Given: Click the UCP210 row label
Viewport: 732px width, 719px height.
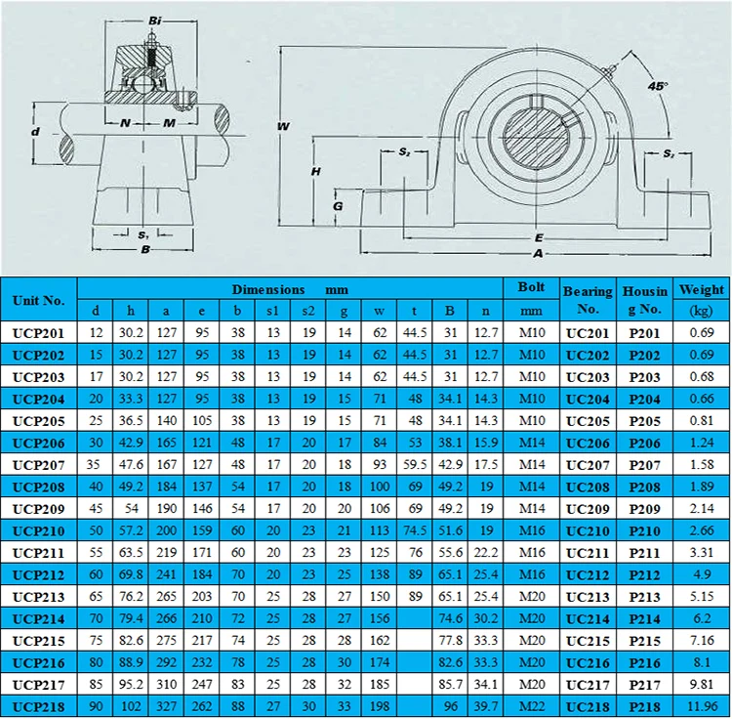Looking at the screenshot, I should pos(38,531).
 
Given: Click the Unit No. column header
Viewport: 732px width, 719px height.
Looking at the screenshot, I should pos(38,300).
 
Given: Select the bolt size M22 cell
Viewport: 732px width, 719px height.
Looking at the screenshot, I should pos(531,705).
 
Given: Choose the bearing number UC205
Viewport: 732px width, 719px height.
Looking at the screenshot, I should pos(588,421).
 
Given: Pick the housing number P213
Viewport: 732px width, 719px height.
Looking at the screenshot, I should pos(643,595).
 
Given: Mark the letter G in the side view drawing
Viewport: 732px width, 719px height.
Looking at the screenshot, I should pos(338,206).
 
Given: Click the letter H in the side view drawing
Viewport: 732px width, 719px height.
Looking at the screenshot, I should pos(315,171).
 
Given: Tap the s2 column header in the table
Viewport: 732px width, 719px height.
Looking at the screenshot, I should pos(308,312).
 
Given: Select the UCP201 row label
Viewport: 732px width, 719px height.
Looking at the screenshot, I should pos(38,334).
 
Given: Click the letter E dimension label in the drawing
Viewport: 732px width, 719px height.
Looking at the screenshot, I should pos(538,237).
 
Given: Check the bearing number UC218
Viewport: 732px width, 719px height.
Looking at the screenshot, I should pos(588,705).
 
